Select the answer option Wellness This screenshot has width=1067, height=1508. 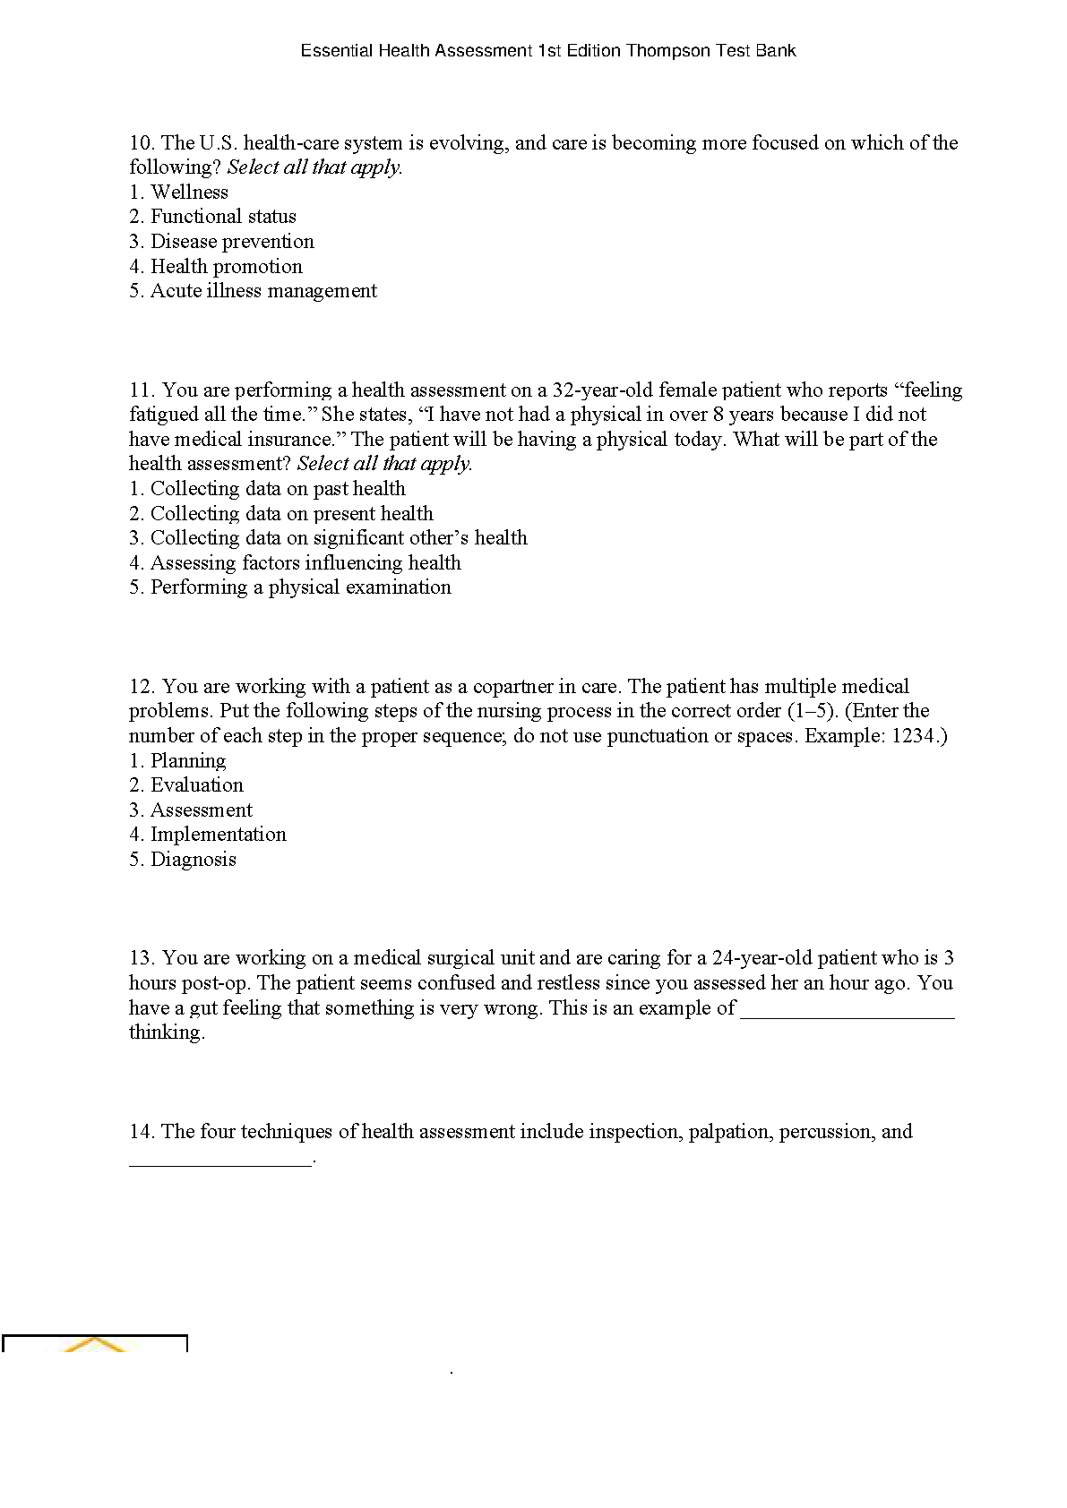coord(189,192)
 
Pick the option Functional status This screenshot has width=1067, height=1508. coord(223,217)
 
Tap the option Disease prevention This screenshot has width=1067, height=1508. coord(232,242)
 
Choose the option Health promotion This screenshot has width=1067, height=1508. coord(227,267)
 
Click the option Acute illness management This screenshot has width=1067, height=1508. coord(263,291)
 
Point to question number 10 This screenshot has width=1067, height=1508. coord(142,143)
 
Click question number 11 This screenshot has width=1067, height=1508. coord(142,390)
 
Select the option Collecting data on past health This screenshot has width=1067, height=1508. coord(278,489)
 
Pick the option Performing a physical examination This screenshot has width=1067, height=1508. coord(300,587)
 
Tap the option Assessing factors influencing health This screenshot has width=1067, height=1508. coord(305,563)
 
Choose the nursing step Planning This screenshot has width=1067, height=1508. coord(188,761)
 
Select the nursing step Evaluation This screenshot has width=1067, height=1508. coord(196,785)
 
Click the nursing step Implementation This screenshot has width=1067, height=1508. coord(218,835)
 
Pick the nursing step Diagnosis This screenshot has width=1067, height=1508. coord(193,860)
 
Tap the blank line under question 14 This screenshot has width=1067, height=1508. coord(221,1161)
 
